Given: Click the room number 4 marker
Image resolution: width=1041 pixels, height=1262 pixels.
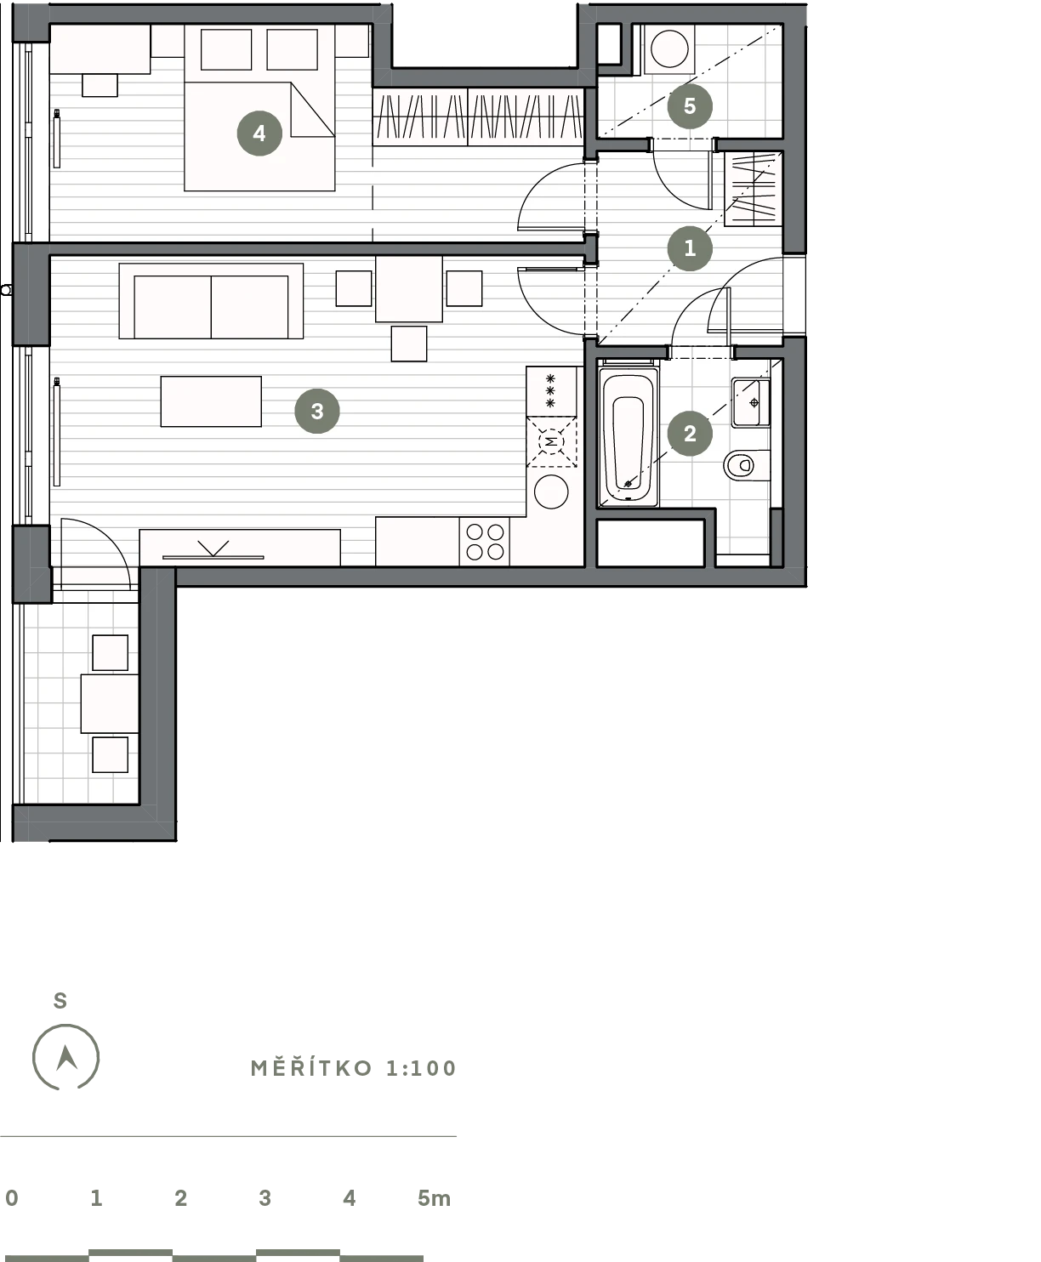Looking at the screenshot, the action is click(x=259, y=133).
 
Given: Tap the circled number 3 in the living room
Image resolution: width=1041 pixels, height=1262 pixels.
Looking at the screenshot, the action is click(x=316, y=411).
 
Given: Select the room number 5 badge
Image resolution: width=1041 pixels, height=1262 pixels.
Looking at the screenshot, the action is click(x=690, y=106).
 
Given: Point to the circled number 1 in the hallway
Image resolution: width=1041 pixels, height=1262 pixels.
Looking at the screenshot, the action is click(x=690, y=248).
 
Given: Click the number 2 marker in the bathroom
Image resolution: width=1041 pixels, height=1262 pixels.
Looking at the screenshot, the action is click(x=690, y=434).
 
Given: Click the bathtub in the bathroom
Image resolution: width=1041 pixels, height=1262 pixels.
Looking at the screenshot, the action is click(x=629, y=434).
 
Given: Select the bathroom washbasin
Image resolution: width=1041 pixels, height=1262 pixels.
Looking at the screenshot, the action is click(x=751, y=402).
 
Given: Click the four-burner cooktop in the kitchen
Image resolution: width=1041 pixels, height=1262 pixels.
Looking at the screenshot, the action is click(x=484, y=542).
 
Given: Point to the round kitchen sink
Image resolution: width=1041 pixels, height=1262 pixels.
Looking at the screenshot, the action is click(x=551, y=492).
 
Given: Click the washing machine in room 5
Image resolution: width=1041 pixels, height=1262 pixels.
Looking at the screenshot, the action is click(x=670, y=49).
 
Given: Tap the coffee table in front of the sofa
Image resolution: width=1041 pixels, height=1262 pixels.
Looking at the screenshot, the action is click(x=211, y=401).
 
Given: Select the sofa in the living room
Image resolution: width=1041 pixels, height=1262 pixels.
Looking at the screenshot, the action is click(x=211, y=301).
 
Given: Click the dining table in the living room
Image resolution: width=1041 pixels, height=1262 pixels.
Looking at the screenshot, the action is click(x=409, y=289).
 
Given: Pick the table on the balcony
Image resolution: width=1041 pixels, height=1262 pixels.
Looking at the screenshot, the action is click(x=110, y=703).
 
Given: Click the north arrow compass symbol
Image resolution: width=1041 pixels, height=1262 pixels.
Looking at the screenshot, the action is click(x=65, y=1057).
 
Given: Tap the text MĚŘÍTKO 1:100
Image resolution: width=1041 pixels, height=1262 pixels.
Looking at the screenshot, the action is click(x=354, y=1069).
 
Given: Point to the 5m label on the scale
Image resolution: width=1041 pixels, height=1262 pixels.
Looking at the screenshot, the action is click(x=434, y=1198).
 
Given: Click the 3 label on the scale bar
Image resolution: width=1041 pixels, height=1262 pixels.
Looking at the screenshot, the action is click(x=265, y=1198).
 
